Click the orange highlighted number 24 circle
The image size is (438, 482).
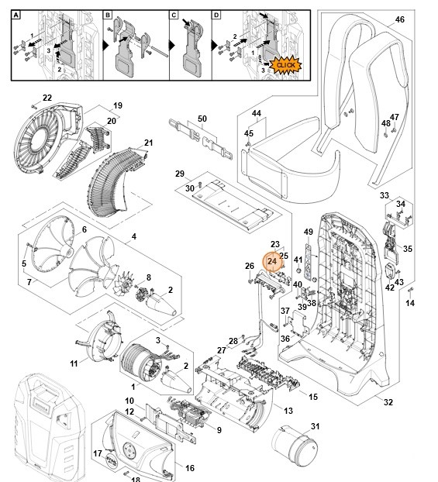272,262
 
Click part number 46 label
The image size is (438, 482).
400,19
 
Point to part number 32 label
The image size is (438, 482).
388,402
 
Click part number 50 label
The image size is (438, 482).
202,118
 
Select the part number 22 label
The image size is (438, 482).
47,98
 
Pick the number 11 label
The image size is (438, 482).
74,363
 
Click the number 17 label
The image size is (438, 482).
98,453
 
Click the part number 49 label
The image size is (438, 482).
308,232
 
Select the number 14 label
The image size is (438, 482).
410,303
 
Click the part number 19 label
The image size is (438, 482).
118,105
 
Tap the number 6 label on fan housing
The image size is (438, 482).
84,230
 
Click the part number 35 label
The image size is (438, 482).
409,250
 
